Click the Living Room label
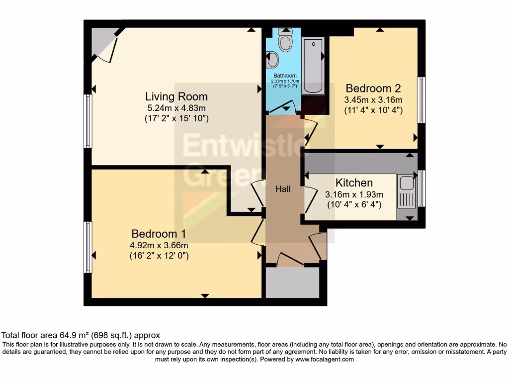[176, 96]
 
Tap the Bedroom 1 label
[159, 234]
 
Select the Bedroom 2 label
[373, 89]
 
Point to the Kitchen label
[354, 183]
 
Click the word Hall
[283, 189]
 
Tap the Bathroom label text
[285, 76]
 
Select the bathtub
[313, 66]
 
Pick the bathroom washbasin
[272, 60]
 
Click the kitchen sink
[406, 191]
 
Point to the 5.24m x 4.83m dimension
[176, 108]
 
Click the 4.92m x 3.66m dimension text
[159, 245]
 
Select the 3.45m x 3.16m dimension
[373, 99]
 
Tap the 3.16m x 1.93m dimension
[354, 194]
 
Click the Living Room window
[87, 121]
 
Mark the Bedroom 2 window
[422, 99]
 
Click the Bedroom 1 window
[87, 247]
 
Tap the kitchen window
[422, 189]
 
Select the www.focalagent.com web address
[325, 359]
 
